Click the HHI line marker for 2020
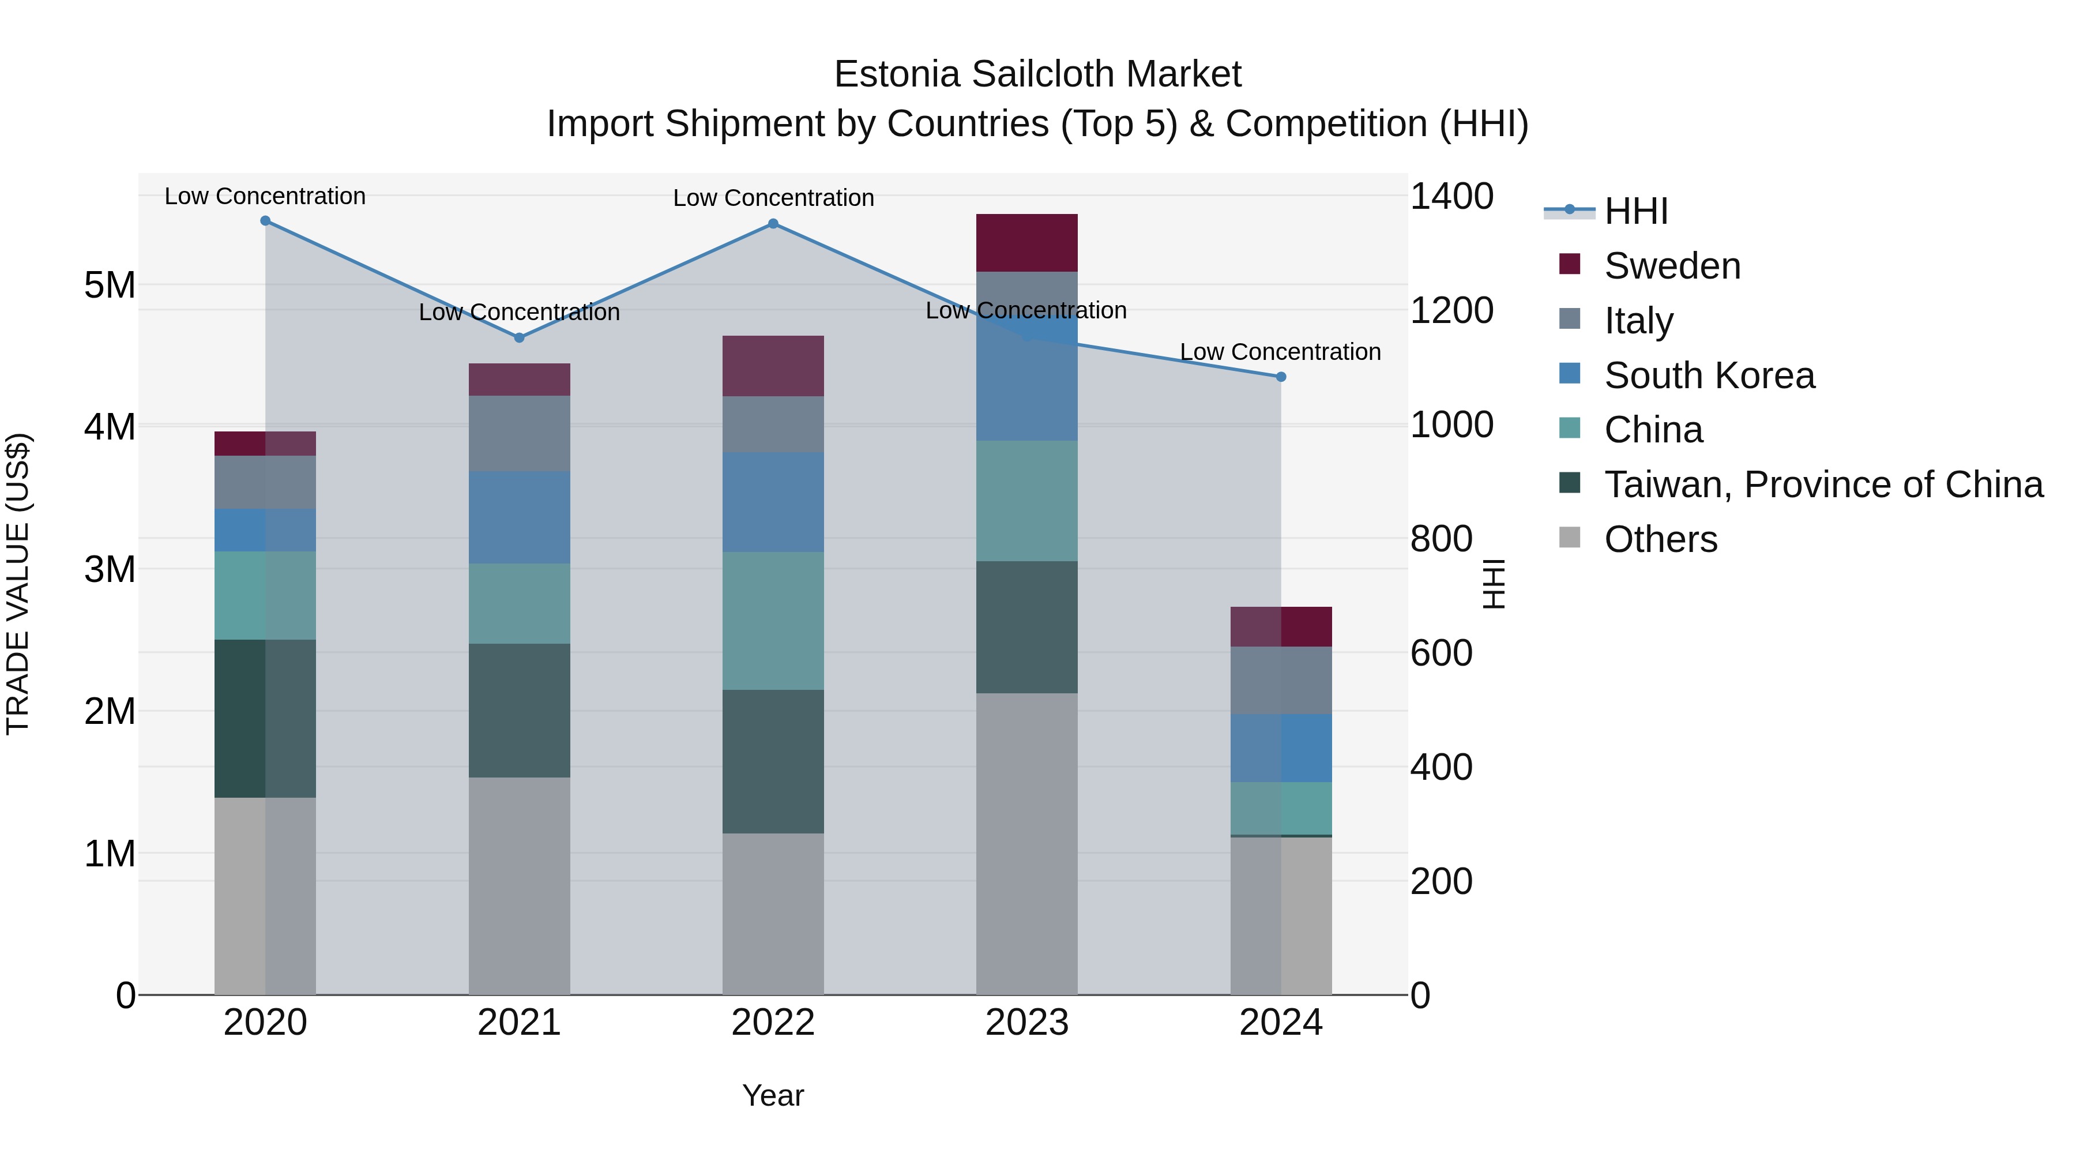coord(265,221)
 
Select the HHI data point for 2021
coord(520,338)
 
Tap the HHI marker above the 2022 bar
coord(773,224)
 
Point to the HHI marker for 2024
coord(1281,377)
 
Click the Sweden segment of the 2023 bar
coord(1026,243)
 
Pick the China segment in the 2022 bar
coord(773,621)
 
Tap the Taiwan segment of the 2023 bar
coord(1026,627)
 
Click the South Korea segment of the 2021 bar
coord(520,517)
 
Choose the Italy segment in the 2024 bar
coord(1281,681)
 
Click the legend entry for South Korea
coord(1709,375)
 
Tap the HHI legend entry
coord(1635,211)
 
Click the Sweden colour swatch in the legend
coord(1570,264)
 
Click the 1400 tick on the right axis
coord(1451,197)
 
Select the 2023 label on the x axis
coord(1026,1023)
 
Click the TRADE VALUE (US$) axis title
coord(18,584)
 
